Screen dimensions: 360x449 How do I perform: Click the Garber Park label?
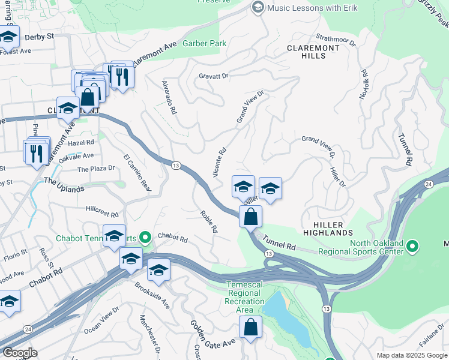click(205, 43)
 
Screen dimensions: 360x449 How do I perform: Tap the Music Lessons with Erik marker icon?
click(258, 7)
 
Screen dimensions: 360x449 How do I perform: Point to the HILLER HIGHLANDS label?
click(328, 227)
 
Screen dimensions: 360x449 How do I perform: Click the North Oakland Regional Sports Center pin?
click(412, 247)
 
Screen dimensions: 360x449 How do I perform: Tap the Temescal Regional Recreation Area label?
click(244, 296)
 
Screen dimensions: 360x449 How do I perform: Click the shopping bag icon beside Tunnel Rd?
click(251, 217)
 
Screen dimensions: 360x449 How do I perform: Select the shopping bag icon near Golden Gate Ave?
click(251, 327)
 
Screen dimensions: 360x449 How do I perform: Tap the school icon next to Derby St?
click(8, 37)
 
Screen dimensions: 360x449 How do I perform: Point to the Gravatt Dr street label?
click(214, 76)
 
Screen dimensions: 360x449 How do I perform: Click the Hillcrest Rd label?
click(103, 211)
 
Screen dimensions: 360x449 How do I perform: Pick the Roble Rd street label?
click(208, 221)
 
